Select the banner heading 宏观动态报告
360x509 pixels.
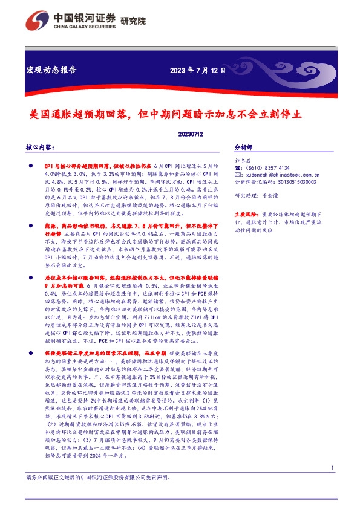pos(51,70)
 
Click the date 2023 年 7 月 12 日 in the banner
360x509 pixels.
pos(198,70)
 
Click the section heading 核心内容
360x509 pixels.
pos(41,147)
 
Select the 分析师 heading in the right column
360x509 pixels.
pos(244,147)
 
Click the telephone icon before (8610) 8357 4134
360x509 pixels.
pos(237,167)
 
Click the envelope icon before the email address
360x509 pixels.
pos(237,174)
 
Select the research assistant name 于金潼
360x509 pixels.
pos(273,196)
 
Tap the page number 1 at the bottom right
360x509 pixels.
pos(332,485)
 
